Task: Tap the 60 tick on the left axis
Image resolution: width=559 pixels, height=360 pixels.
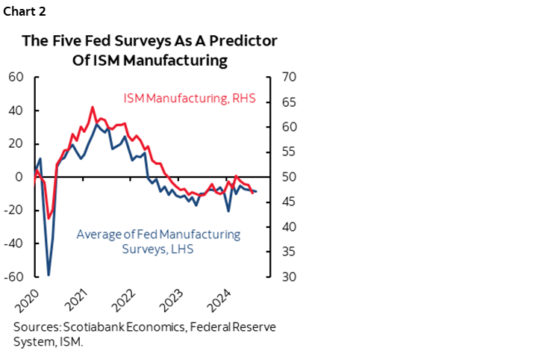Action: (x=16, y=77)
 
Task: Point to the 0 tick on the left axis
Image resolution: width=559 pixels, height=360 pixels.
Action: (x=20, y=177)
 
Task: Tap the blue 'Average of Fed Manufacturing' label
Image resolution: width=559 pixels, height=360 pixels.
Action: (x=159, y=235)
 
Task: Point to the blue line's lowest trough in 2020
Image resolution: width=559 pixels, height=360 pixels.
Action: (x=49, y=275)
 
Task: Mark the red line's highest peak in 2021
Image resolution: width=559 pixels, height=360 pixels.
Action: (x=93, y=108)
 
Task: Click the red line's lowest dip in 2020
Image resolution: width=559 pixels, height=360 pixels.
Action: (x=49, y=219)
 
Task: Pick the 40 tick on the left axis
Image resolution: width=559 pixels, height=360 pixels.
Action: (x=16, y=111)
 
